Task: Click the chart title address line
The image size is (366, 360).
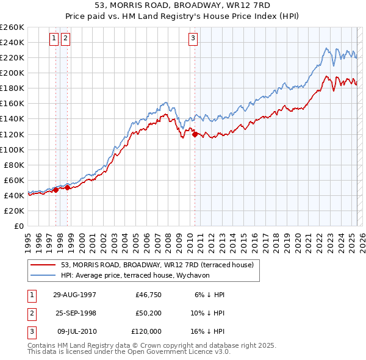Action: (182, 4)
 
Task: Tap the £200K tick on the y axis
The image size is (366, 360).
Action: (12, 73)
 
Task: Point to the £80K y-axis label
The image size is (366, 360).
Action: (13, 165)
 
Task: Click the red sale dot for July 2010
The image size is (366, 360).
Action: (195, 134)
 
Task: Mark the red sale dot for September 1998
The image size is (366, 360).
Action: (68, 188)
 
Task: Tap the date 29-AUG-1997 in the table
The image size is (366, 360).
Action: (74, 295)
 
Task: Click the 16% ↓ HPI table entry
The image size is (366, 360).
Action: (209, 331)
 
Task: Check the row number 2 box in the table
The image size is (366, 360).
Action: (31, 313)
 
